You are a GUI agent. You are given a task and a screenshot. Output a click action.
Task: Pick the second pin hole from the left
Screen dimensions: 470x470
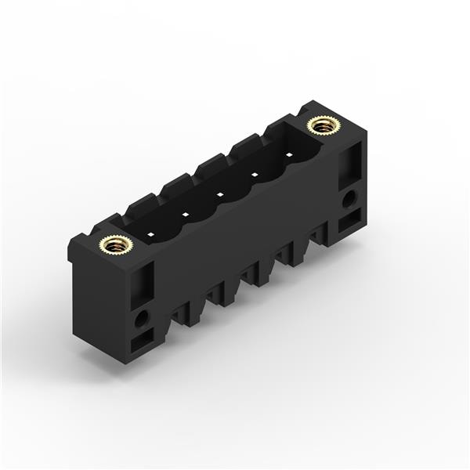pyautogui.click(x=186, y=214)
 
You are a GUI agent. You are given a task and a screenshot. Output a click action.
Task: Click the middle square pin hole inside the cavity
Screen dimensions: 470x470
pyautogui.click(x=220, y=193)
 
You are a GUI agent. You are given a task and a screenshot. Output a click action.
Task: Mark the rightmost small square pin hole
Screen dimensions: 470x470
pyautogui.click(x=288, y=154)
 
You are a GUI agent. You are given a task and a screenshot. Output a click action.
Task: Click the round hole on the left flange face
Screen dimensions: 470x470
pyautogui.click(x=142, y=319)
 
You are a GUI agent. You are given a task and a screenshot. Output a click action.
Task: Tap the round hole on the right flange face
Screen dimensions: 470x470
pyautogui.click(x=348, y=199)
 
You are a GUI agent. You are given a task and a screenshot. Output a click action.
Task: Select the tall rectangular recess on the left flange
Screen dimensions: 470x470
pyautogui.click(x=142, y=285)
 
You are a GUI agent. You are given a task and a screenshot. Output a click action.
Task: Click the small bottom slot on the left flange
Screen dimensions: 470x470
pyautogui.click(x=142, y=342)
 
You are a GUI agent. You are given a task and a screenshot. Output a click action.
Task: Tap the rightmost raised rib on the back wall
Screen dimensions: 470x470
pyautogui.click(x=280, y=127)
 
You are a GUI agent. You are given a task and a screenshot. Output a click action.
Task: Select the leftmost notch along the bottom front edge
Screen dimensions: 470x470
pyautogui.click(x=182, y=313)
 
